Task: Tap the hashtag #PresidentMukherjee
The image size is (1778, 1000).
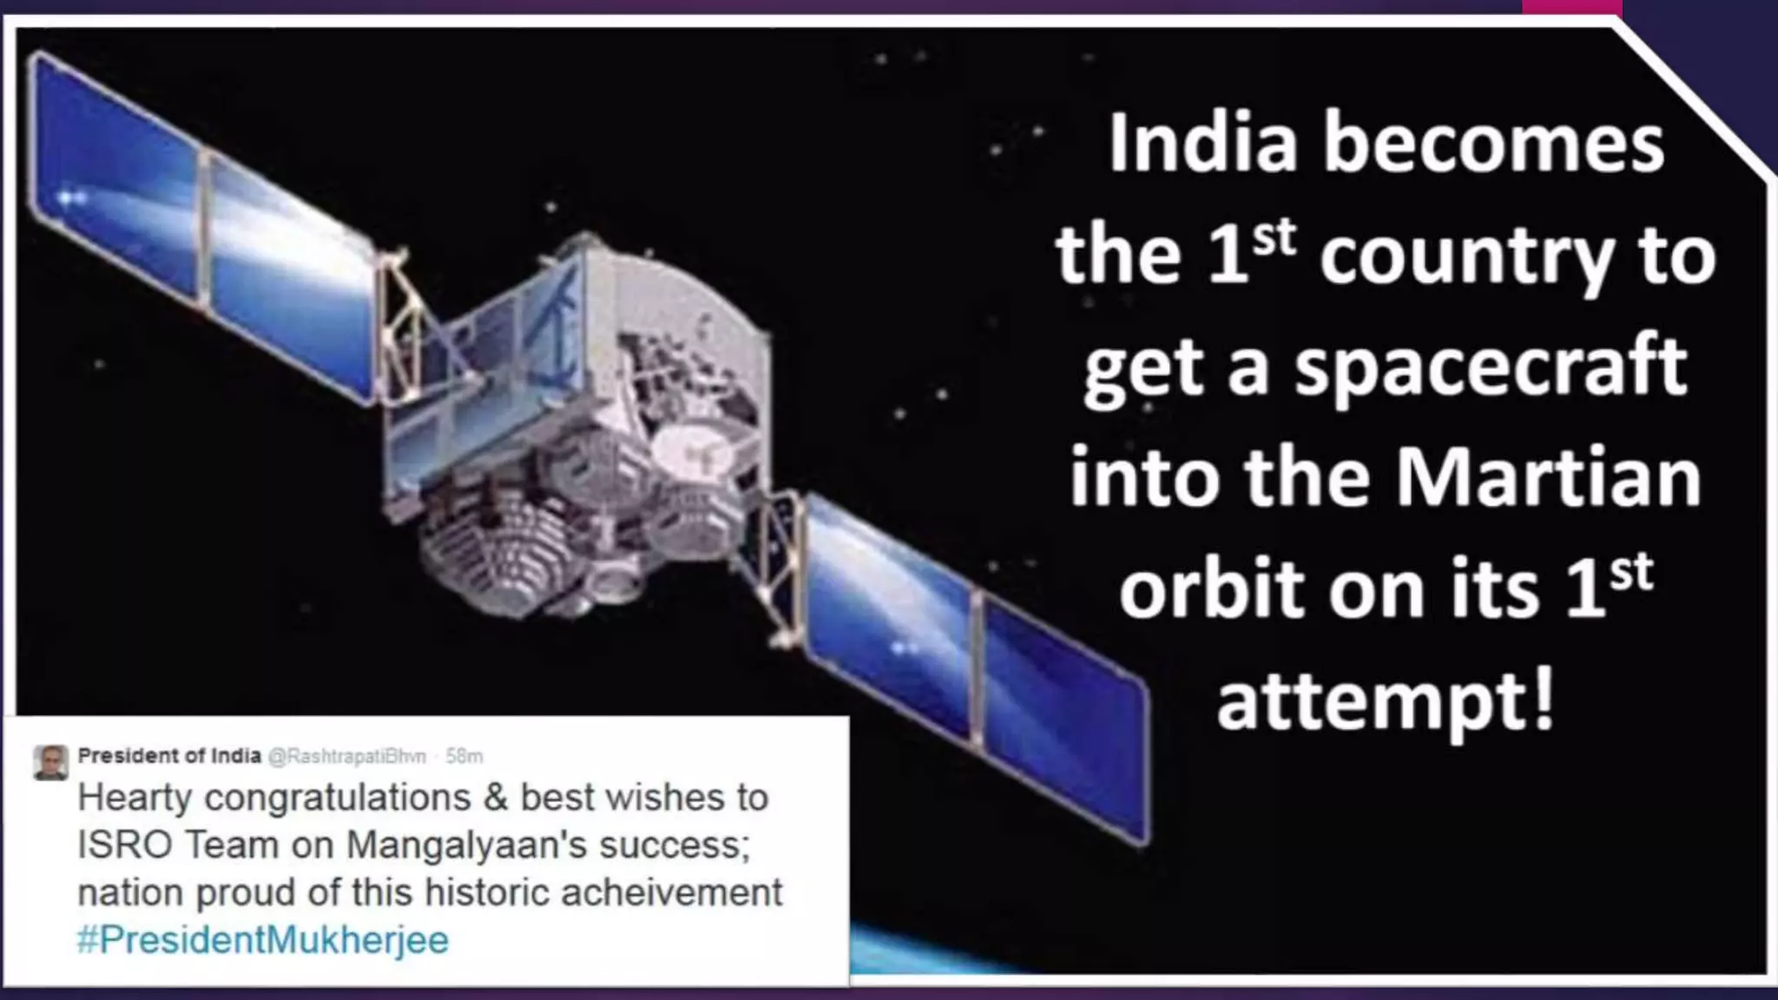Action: pyautogui.click(x=262, y=940)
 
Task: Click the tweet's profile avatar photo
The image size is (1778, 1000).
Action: pyautogui.click(x=51, y=762)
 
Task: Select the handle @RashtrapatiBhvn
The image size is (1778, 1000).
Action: pyautogui.click(x=347, y=757)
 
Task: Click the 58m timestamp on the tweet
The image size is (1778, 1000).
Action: pyautogui.click(x=464, y=757)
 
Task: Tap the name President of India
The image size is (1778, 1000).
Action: pyautogui.click(x=169, y=756)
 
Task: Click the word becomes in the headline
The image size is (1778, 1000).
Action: pyautogui.click(x=1493, y=143)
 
